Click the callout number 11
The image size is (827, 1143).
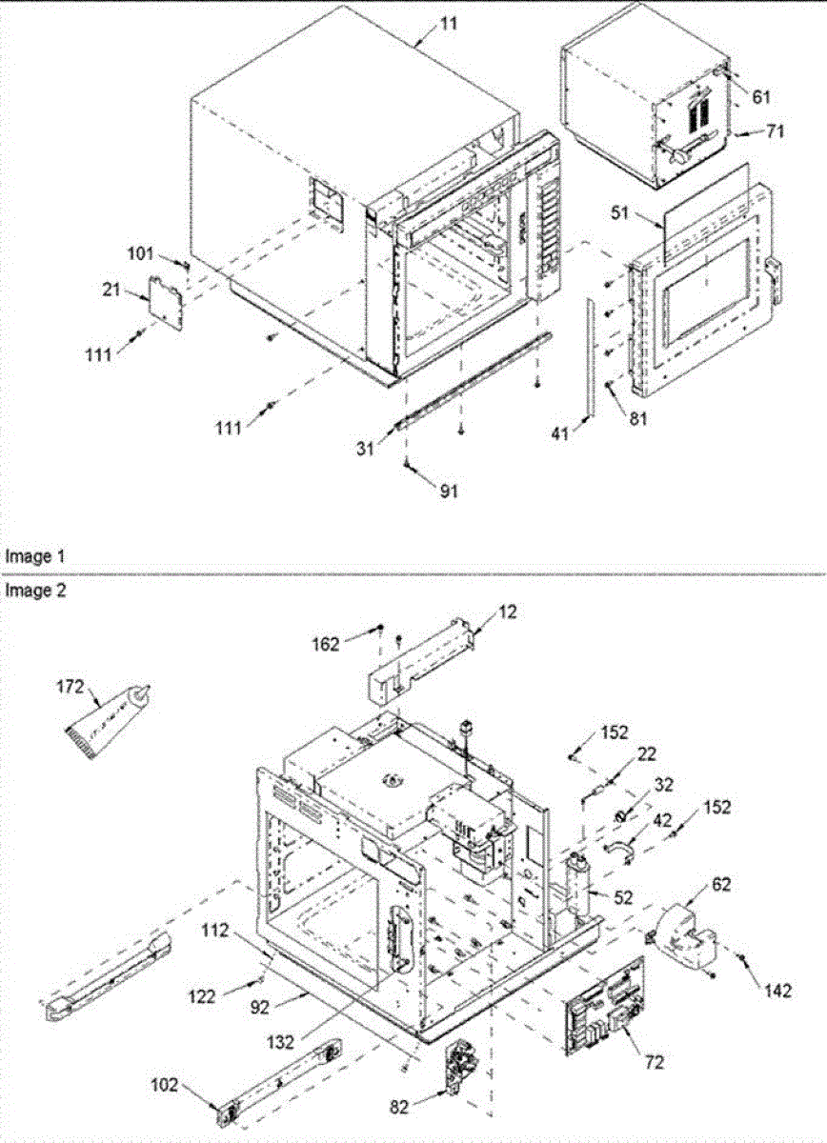[448, 23]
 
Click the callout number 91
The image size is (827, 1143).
[448, 491]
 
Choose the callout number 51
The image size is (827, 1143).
[621, 214]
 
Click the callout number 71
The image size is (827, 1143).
[775, 131]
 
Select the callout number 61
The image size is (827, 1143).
[760, 97]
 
